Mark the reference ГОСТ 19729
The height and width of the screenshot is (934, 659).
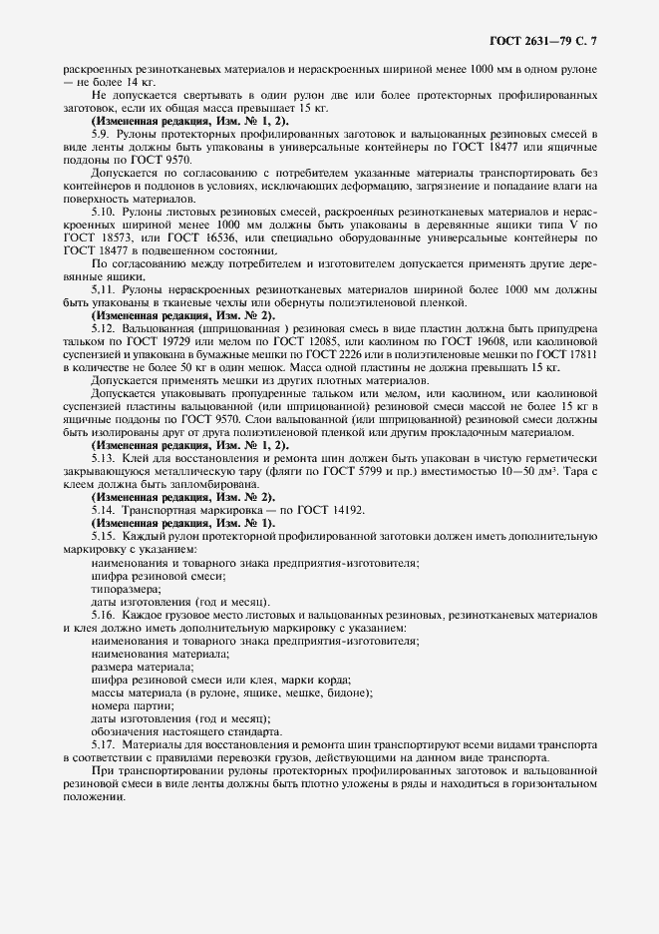pos(170,341)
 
